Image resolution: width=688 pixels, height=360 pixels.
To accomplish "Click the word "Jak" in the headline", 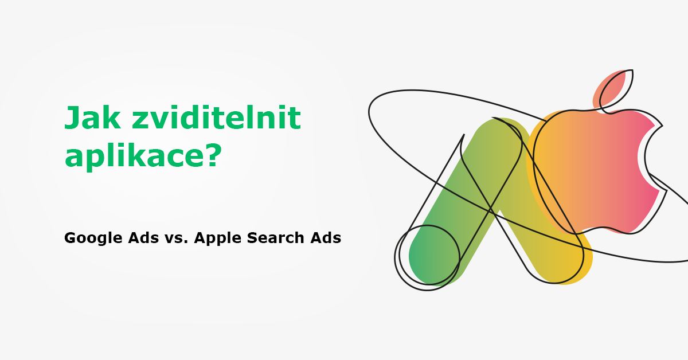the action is tap(92, 118).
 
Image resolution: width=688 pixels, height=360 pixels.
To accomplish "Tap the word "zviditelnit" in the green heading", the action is tap(216, 118).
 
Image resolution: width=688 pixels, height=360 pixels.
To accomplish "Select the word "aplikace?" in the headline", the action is tap(143, 156).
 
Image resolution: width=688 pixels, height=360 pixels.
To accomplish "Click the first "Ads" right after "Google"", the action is tap(143, 238).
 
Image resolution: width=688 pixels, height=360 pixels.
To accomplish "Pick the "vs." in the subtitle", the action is tap(177, 238).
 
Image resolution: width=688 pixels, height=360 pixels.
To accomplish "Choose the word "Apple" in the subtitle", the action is tap(218, 238).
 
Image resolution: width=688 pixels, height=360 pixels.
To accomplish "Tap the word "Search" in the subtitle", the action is tap(276, 238).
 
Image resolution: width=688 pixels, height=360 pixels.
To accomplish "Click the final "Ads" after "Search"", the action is tap(326, 238).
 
